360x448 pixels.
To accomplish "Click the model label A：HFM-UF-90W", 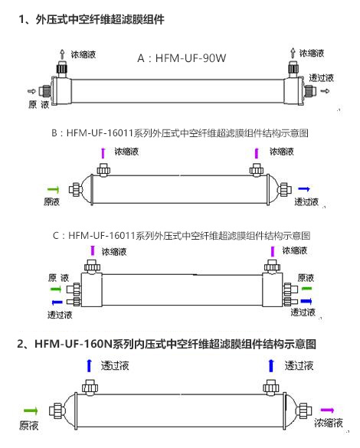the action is coord(182,58).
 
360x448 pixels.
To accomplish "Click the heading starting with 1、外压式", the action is coord(91,19).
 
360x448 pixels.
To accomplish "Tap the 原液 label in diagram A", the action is coord(39,104).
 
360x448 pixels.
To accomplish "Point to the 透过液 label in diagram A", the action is coord(321,77).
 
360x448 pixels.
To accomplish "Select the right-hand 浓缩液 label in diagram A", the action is coord(312,53).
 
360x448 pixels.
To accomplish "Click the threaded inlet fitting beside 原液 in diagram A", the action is coord(45,91).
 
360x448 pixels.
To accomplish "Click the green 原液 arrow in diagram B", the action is coord(54,189).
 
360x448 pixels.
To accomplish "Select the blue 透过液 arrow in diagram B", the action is coord(304,189).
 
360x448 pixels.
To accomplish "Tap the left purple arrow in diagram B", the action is coord(103,153).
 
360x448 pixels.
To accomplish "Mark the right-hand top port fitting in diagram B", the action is coord(257,170).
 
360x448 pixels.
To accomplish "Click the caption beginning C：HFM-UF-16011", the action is coord(182,236).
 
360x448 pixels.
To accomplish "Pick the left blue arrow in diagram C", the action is coord(57,302).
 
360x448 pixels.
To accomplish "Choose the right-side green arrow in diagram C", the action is coord(307,289).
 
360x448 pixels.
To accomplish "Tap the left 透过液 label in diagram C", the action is coord(60,315).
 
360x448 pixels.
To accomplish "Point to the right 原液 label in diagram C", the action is coord(306,278).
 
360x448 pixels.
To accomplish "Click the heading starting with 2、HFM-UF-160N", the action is coord(166,344).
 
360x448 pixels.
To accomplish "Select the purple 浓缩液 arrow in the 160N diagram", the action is coord(327,410).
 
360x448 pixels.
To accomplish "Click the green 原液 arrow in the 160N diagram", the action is coord(31,410).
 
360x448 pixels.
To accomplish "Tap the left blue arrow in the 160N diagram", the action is coord(90,366).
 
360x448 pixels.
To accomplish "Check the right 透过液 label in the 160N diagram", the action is coord(299,365).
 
